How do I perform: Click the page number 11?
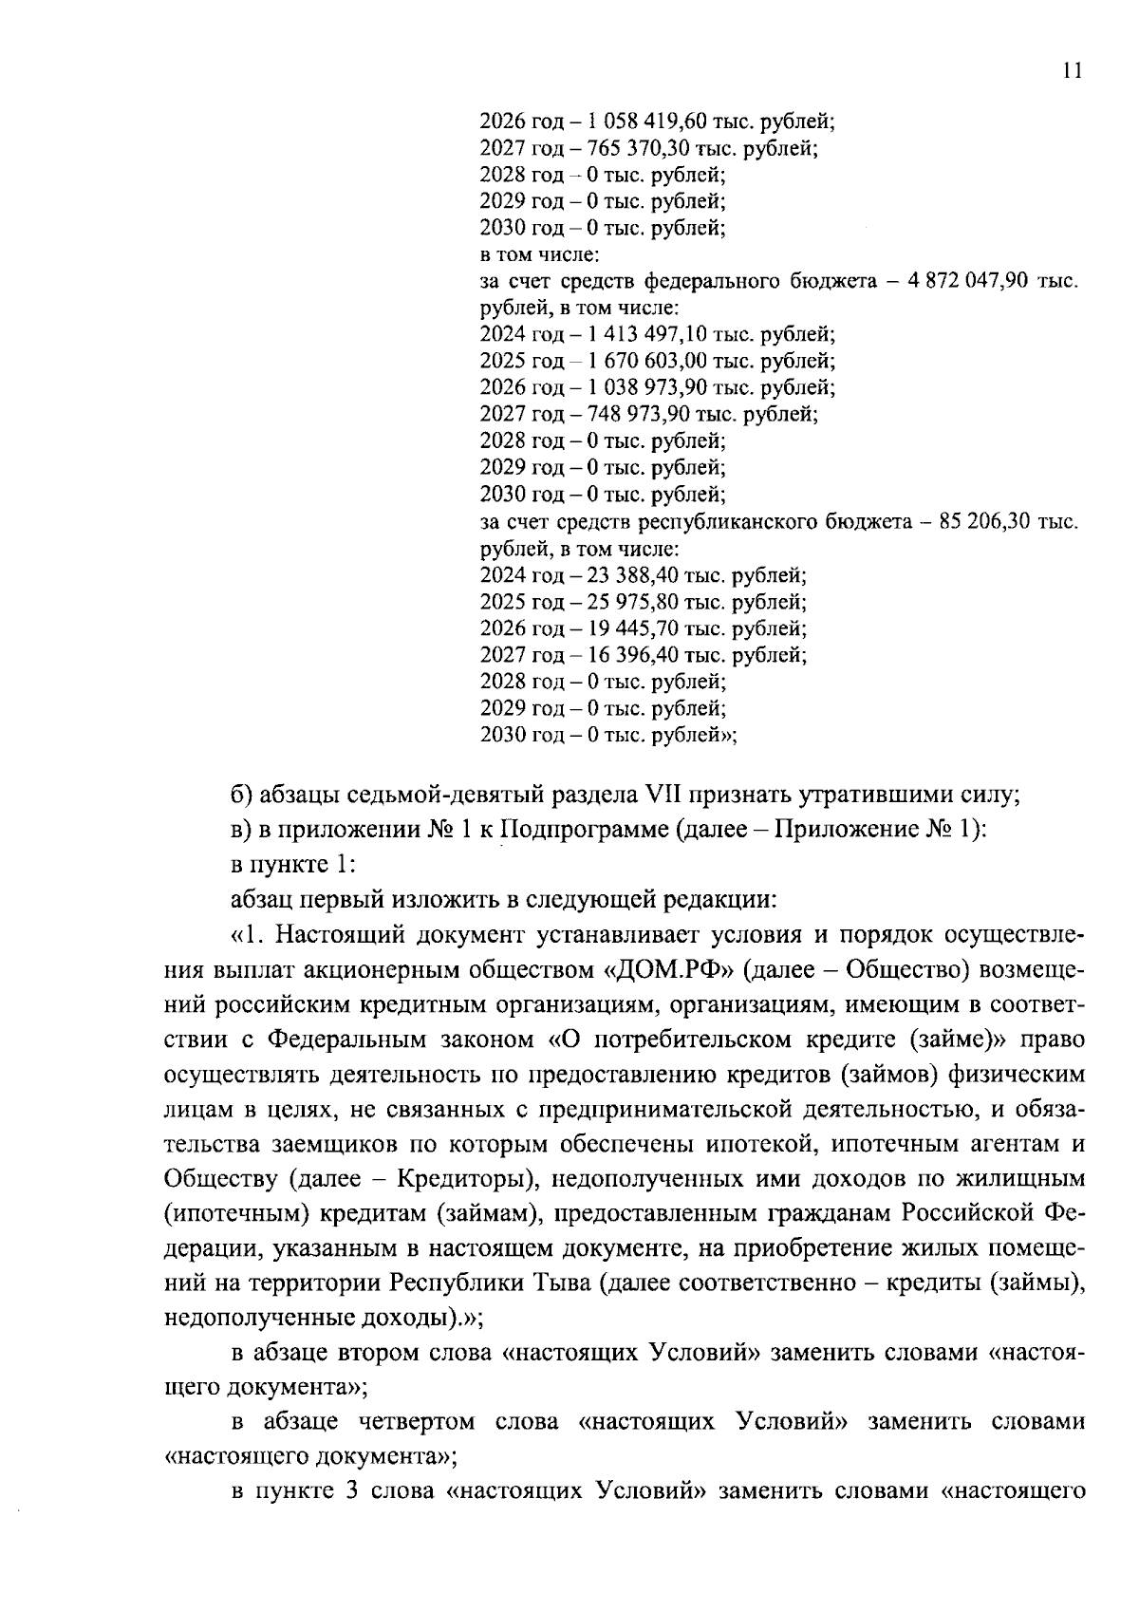click(1072, 72)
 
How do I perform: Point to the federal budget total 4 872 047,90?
click(962, 282)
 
